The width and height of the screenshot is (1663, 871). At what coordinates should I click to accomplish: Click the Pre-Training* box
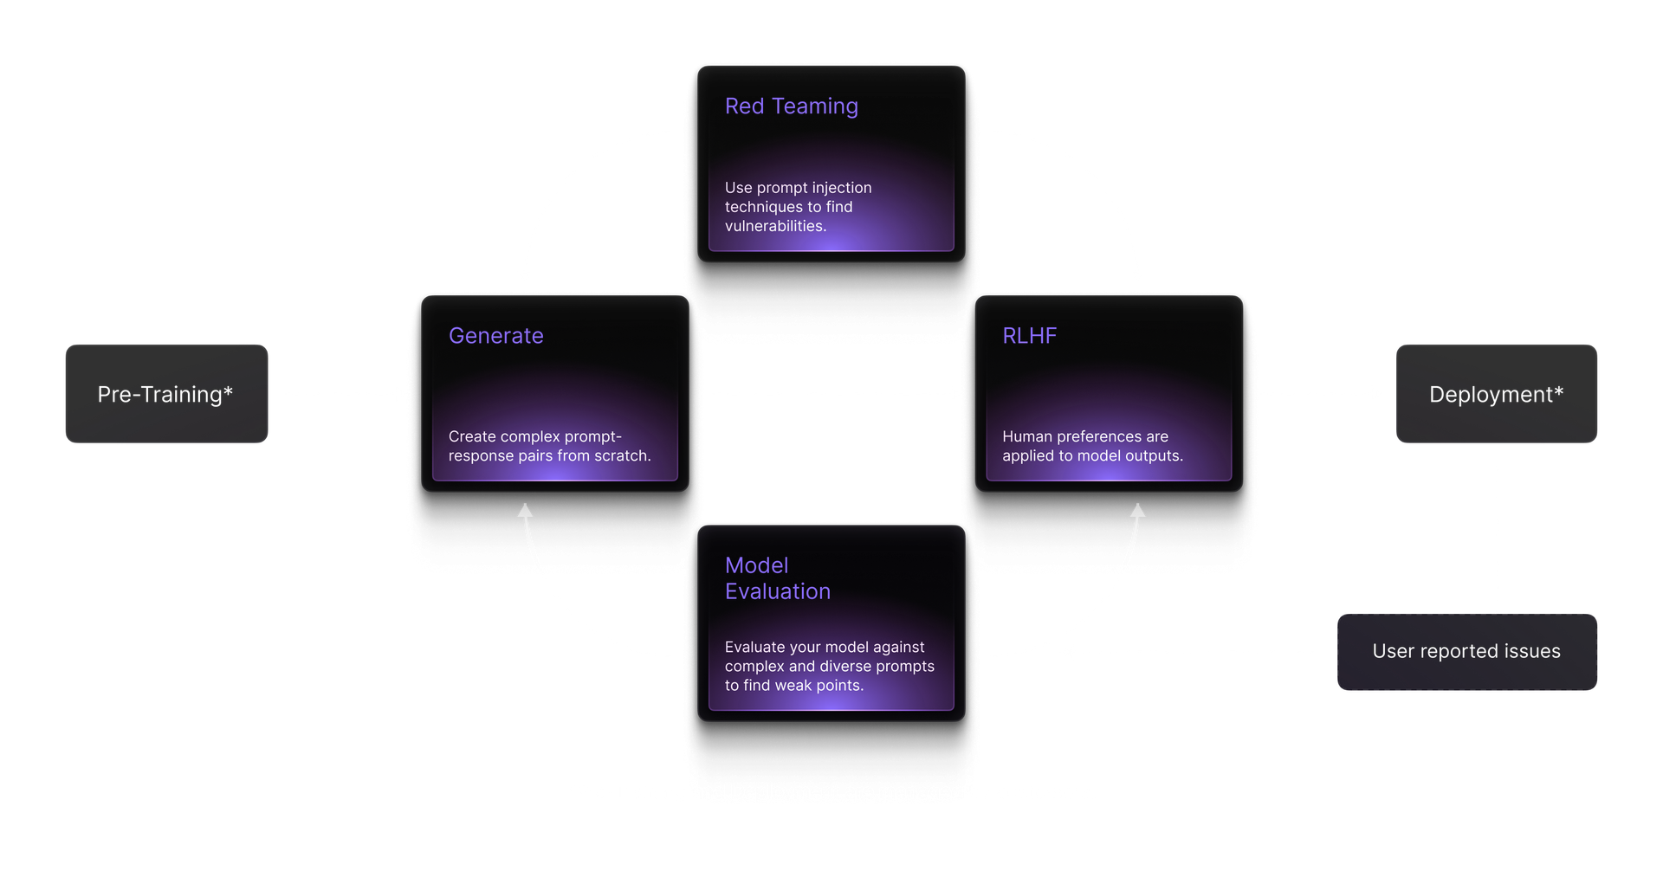pyautogui.click(x=166, y=394)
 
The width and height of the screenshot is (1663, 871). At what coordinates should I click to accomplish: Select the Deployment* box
pyautogui.click(x=1496, y=394)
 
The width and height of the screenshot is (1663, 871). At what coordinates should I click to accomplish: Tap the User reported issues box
pyautogui.click(x=1466, y=651)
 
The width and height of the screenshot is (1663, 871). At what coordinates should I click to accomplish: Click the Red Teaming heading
pyautogui.click(x=791, y=106)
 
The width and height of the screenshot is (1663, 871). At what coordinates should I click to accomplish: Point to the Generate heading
pyautogui.click(x=495, y=336)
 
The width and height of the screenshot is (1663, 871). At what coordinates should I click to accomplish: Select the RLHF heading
pyautogui.click(x=1029, y=336)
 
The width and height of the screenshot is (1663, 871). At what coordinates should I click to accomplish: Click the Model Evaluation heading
pyautogui.click(x=777, y=578)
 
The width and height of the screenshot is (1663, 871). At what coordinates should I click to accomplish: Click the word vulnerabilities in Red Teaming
pyautogui.click(x=774, y=226)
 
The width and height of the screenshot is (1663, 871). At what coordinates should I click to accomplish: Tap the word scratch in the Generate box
pyautogui.click(x=621, y=455)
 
